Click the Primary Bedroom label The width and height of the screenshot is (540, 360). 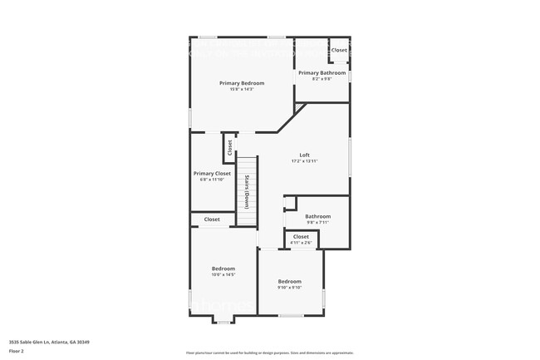242,83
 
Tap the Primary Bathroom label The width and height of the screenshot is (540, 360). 322,73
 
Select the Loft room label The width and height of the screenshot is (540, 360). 305,155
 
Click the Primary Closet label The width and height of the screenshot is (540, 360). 212,173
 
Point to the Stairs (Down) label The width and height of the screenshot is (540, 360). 247,192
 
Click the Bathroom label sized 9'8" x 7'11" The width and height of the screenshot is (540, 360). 317,217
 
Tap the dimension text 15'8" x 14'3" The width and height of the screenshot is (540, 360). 242,89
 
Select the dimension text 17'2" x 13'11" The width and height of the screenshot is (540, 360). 305,160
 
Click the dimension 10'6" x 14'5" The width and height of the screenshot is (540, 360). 223,274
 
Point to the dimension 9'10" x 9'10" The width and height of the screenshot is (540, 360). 289,287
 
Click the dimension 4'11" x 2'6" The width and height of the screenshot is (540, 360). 301,243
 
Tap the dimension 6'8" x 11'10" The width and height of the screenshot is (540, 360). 212,179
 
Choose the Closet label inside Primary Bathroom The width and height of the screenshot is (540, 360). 339,50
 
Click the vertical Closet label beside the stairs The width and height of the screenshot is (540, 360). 229,147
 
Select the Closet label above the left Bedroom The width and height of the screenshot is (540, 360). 212,219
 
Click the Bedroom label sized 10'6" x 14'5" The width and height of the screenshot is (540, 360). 223,269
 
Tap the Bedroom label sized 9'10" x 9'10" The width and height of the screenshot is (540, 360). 289,281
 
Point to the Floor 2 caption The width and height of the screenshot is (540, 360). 17,351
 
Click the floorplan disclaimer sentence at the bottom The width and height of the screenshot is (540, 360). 269,353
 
